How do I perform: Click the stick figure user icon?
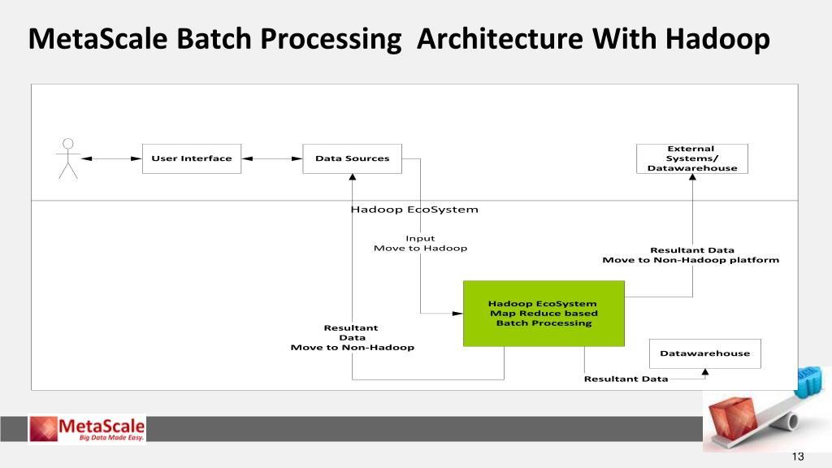click(x=68, y=158)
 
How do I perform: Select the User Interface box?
click(x=192, y=158)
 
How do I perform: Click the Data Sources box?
click(x=353, y=158)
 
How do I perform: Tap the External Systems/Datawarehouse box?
click(x=692, y=158)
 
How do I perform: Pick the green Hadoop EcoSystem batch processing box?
click(x=544, y=314)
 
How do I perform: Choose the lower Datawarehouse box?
click(x=704, y=353)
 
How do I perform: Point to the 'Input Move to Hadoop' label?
click(x=420, y=243)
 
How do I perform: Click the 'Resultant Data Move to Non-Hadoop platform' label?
click(x=691, y=255)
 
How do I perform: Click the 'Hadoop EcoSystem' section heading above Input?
click(x=414, y=210)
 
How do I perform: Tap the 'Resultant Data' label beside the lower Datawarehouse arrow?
click(x=626, y=379)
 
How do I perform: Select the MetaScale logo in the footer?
click(x=87, y=428)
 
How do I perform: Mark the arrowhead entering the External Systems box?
click(x=693, y=179)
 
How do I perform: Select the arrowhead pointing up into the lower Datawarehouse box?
click(x=704, y=373)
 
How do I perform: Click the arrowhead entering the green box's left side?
click(x=458, y=313)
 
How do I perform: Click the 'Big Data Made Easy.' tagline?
click(x=112, y=438)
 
